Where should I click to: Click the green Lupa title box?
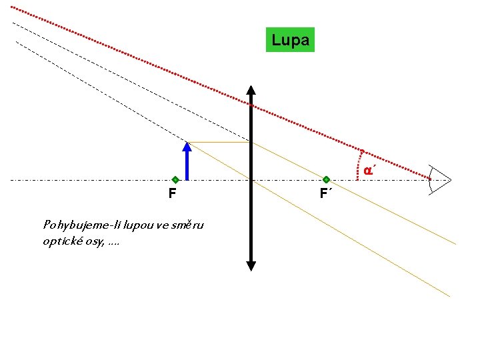tap(290, 40)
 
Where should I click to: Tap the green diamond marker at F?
tap(175, 180)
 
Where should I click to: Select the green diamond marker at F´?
tap(326, 180)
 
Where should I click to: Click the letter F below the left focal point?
tap(172, 194)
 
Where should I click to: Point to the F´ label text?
tap(325, 194)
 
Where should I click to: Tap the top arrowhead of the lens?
tap(251, 91)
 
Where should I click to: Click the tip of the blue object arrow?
tap(187, 144)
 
